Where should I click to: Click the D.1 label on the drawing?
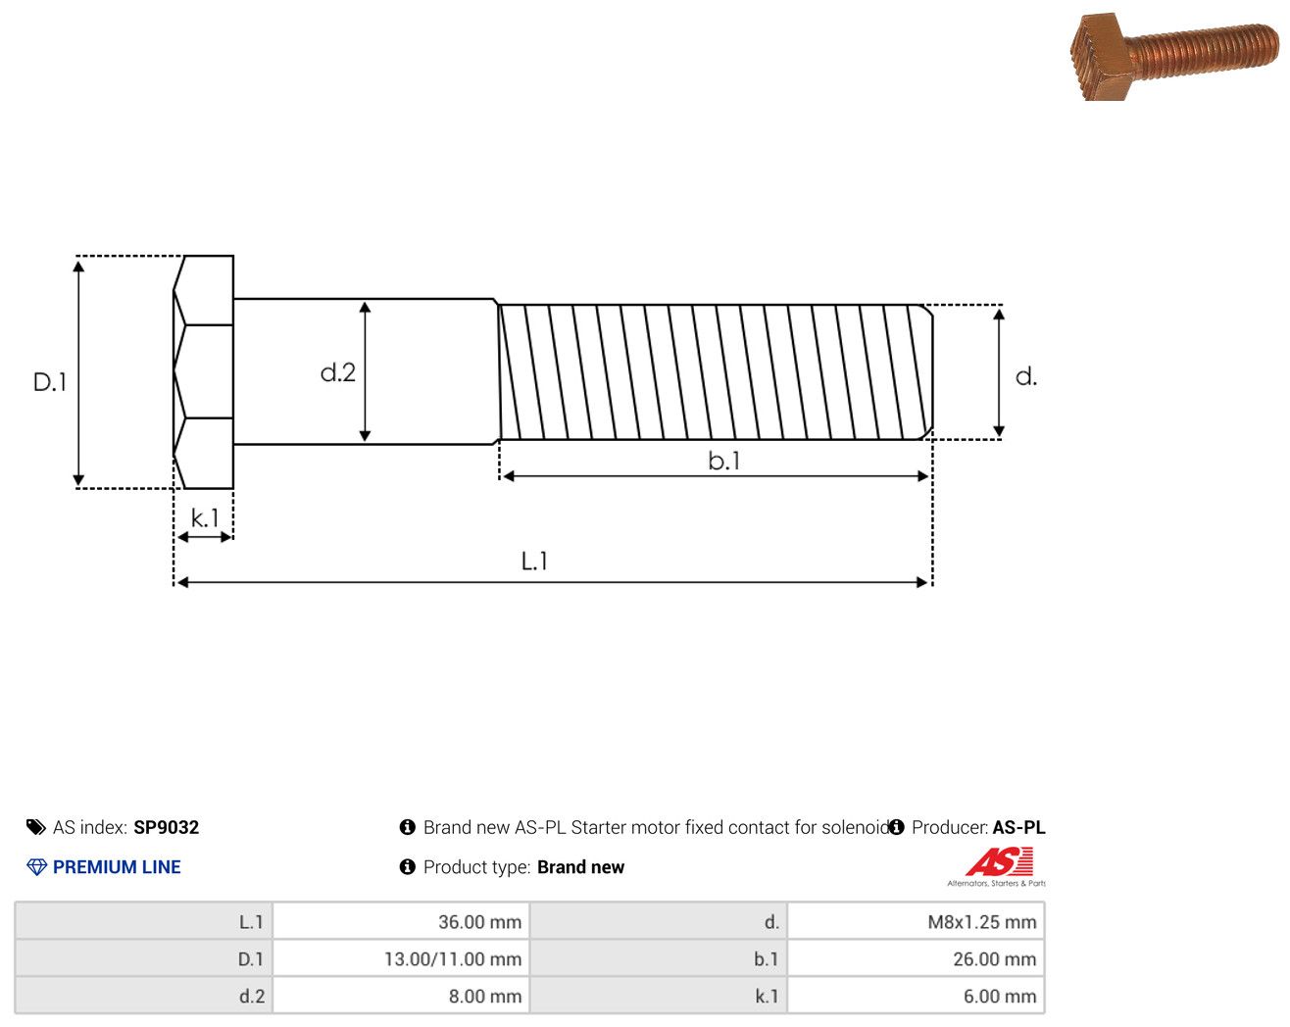tap(50, 381)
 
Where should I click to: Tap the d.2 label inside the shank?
tap(338, 372)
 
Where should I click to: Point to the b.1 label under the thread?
tap(724, 461)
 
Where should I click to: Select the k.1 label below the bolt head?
tap(205, 517)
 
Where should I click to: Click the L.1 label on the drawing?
tap(534, 562)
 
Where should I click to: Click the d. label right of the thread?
tap(1026, 376)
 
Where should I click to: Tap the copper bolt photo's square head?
tap(1101, 58)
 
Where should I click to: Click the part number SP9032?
tap(166, 827)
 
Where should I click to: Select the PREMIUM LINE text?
tap(117, 866)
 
